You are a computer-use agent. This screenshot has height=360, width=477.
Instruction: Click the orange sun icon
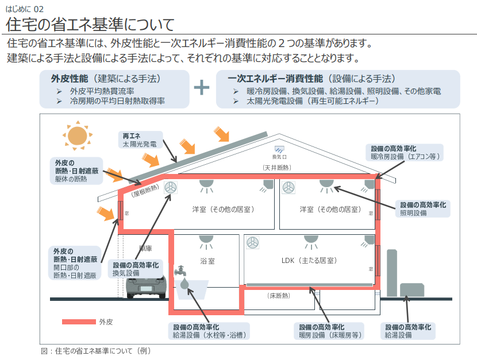click(x=77, y=136)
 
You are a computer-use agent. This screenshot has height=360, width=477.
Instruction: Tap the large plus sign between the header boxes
click(x=202, y=87)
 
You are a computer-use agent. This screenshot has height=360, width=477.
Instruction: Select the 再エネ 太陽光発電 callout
click(x=140, y=140)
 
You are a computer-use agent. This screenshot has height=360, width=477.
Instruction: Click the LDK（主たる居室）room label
click(x=309, y=260)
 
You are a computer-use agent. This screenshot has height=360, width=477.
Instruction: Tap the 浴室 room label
click(x=207, y=261)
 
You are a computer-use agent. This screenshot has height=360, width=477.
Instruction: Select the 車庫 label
click(x=145, y=248)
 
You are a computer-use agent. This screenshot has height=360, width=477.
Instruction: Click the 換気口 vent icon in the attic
click(x=279, y=149)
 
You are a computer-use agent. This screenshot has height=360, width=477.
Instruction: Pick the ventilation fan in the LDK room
click(x=252, y=243)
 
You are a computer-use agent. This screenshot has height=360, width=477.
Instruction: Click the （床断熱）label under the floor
click(x=278, y=296)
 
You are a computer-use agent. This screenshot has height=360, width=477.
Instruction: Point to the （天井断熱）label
click(x=277, y=168)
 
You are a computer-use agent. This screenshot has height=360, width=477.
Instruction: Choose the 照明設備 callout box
click(x=423, y=209)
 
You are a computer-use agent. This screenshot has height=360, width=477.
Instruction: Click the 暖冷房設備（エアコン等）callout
click(x=405, y=153)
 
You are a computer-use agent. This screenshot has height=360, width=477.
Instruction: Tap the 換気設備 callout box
click(x=136, y=269)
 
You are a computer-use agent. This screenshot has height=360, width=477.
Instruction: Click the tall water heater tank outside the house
click(x=392, y=273)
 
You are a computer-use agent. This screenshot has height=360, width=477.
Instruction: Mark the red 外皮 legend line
click(x=79, y=322)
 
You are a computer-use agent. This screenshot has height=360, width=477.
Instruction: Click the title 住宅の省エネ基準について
click(x=90, y=24)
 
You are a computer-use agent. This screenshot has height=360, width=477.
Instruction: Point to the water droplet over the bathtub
click(x=184, y=283)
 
